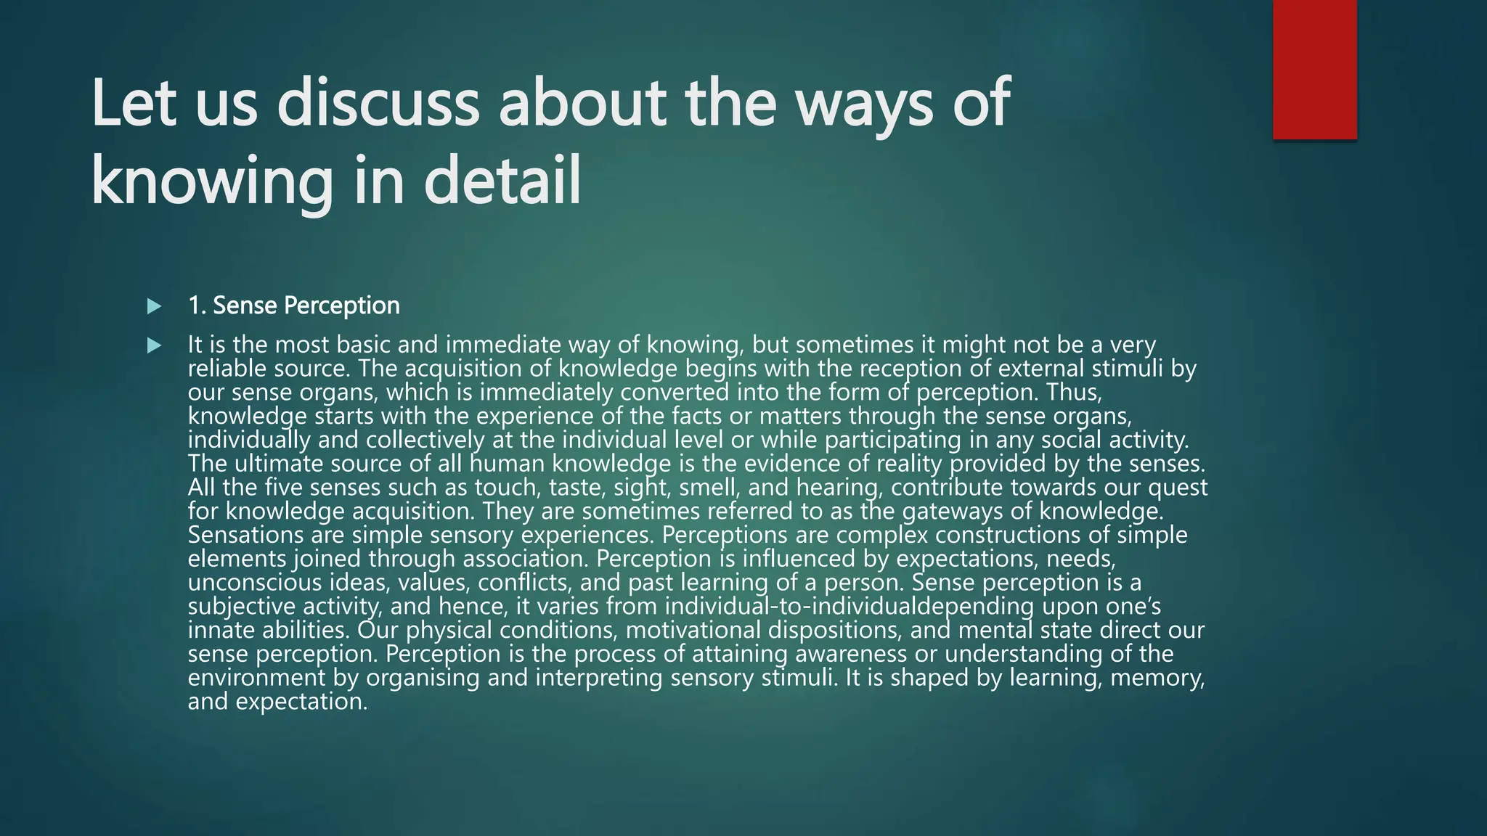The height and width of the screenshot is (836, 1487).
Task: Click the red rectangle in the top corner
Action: (x=1314, y=69)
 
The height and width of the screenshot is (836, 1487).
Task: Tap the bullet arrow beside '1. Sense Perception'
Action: (x=154, y=306)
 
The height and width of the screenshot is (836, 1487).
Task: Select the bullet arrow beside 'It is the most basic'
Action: (x=154, y=345)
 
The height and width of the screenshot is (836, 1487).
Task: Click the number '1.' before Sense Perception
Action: (x=197, y=306)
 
